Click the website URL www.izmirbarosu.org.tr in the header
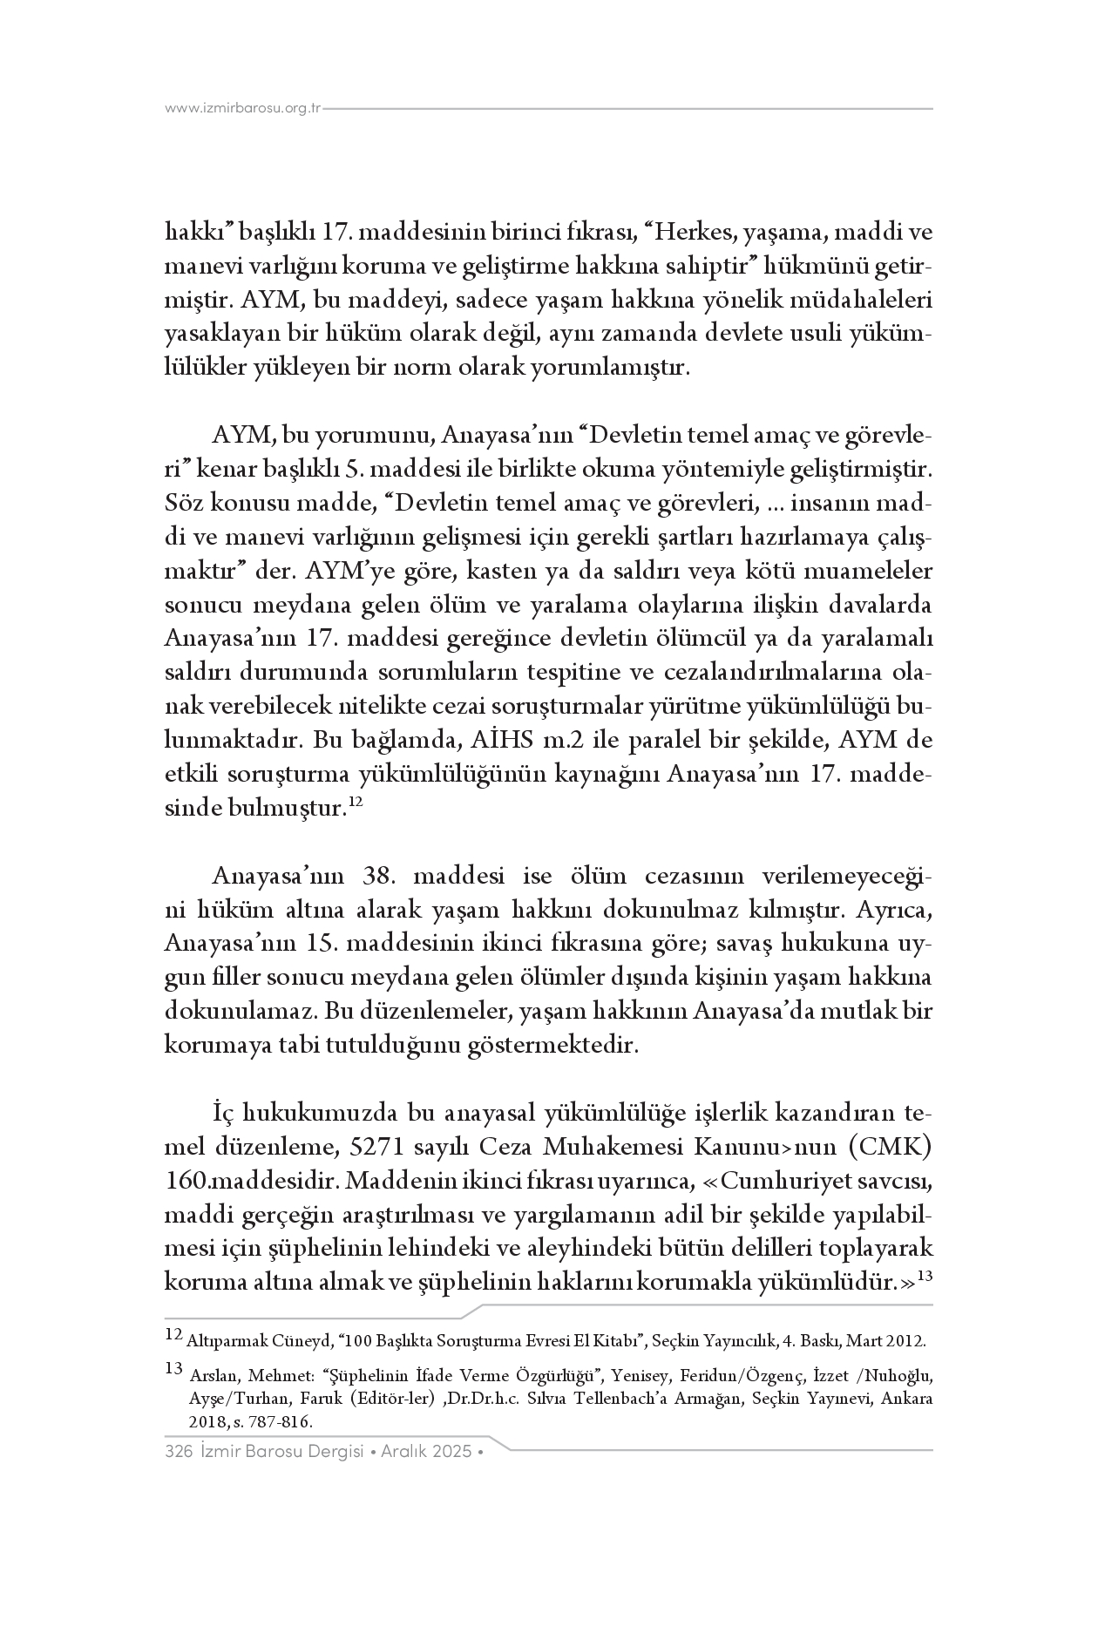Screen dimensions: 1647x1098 coord(243,108)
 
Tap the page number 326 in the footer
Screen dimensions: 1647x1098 coord(178,1452)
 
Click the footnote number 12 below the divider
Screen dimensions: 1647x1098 coord(173,1332)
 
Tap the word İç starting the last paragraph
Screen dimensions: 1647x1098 coord(223,1114)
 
